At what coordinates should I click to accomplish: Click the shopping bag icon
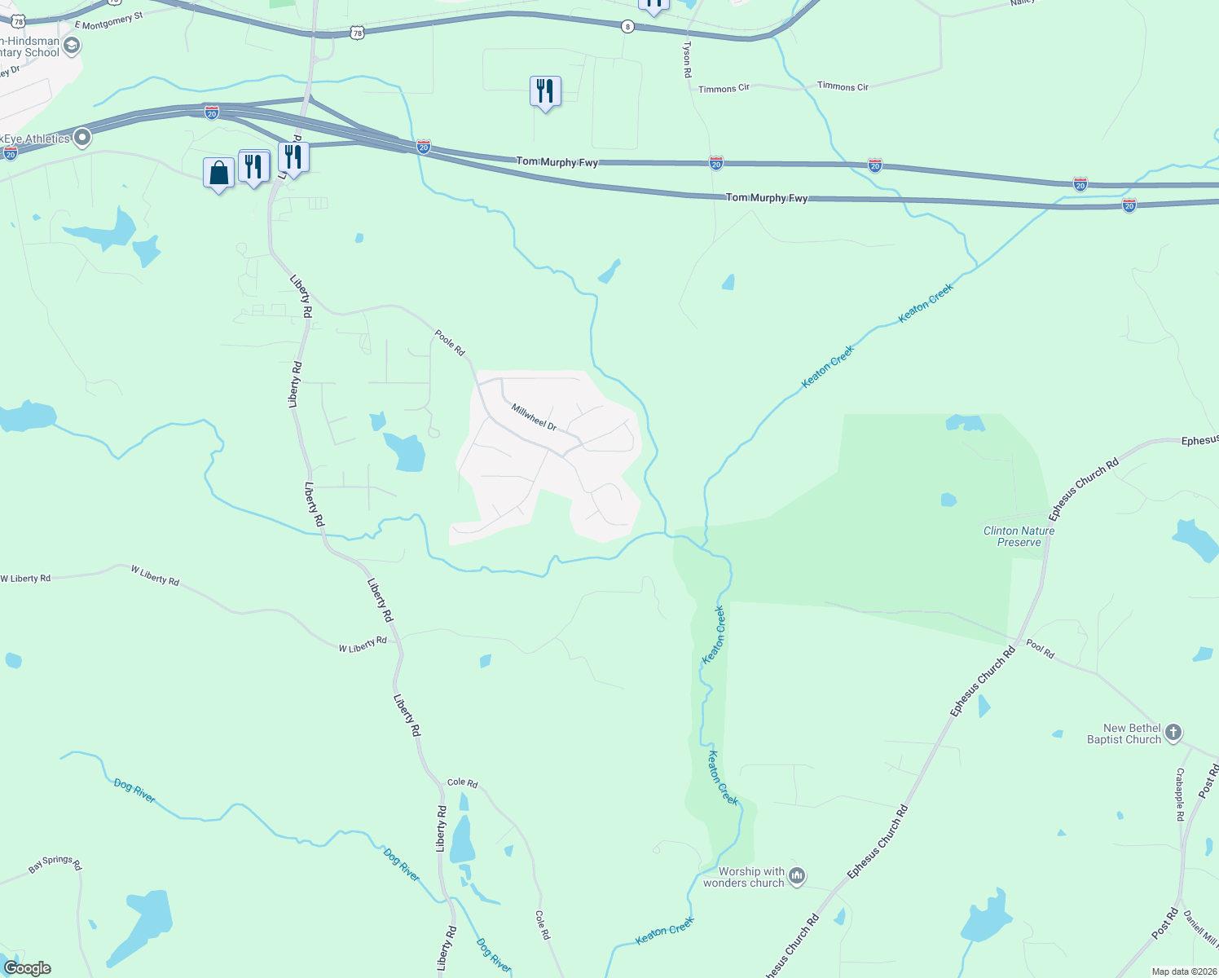point(218,173)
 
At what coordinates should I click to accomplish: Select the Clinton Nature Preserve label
point(1019,536)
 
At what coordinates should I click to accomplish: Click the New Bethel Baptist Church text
point(1124,733)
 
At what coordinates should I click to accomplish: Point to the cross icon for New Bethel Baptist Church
point(1173,732)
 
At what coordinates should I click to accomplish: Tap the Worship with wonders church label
point(743,877)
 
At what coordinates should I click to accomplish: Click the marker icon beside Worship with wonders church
point(797,876)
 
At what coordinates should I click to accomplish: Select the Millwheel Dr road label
point(534,416)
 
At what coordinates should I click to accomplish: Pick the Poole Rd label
point(449,342)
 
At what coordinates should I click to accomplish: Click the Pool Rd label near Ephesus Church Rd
point(1040,649)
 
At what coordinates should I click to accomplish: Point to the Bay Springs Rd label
point(55,864)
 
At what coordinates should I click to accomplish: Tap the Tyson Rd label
point(687,59)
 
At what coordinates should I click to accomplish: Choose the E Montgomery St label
point(108,20)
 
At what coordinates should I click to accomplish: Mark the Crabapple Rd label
point(1180,794)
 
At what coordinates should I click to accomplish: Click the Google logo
point(28,968)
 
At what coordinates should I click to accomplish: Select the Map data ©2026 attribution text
point(1183,971)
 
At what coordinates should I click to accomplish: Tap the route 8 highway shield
point(627,27)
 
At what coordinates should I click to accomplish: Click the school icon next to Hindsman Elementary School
point(72,46)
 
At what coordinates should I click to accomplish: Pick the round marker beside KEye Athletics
point(82,139)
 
